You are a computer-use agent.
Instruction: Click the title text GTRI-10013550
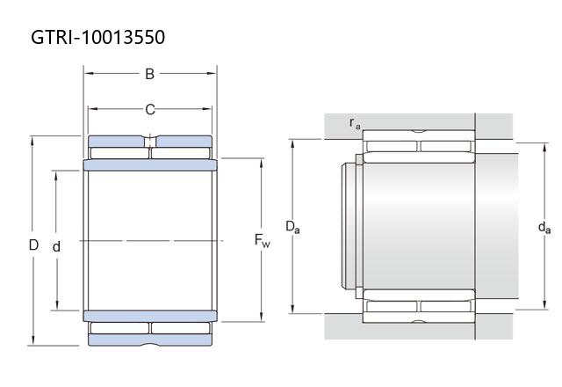(97, 37)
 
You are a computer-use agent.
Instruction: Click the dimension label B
(149, 74)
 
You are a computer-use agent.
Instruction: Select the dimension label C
(150, 109)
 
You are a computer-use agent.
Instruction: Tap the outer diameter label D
(33, 245)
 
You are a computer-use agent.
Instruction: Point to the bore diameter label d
(56, 246)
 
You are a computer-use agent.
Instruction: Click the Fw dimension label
(262, 240)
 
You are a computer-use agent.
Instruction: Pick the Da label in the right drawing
(292, 227)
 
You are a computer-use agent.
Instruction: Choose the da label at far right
(544, 227)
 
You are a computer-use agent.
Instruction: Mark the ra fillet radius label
(355, 123)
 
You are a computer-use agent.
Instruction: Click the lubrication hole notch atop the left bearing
(150, 141)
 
